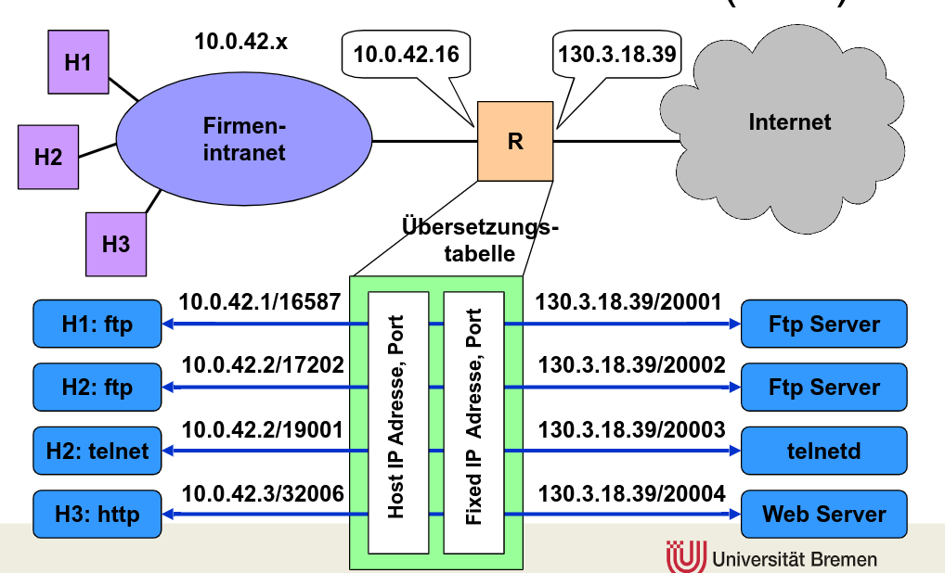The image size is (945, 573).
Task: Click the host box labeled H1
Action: (x=78, y=62)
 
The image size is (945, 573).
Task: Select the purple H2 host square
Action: (x=48, y=156)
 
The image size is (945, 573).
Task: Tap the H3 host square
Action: (x=116, y=244)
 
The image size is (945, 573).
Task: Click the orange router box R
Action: (x=515, y=141)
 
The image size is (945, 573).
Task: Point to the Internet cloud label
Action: (x=790, y=121)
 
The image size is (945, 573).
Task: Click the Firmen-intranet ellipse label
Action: (x=244, y=139)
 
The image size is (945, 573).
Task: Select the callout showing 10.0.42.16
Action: (x=406, y=55)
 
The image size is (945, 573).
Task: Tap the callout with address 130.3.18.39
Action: (x=616, y=55)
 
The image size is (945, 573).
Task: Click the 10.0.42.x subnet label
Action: (x=240, y=42)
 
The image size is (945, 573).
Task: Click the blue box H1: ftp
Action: (x=97, y=324)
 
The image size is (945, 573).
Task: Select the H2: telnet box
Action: (x=97, y=452)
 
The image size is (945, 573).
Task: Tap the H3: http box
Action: (x=97, y=514)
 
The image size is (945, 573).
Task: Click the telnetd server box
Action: (x=824, y=452)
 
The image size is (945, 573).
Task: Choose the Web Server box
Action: (x=824, y=514)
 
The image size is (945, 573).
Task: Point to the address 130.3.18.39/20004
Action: (x=631, y=493)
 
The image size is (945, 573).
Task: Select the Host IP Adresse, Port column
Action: (x=399, y=422)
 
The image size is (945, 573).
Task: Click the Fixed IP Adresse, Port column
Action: (x=473, y=422)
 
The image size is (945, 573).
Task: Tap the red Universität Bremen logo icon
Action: (x=687, y=556)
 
